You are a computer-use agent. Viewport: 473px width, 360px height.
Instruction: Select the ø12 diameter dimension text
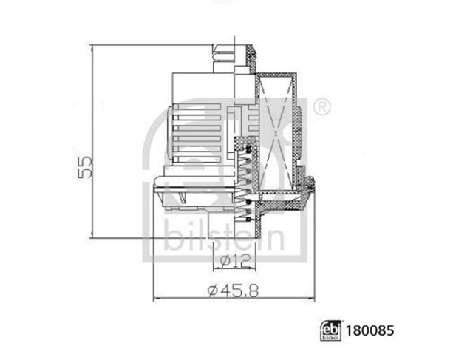pyautogui.click(x=234, y=259)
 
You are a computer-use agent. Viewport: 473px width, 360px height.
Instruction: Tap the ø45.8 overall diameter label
pyautogui.click(x=234, y=291)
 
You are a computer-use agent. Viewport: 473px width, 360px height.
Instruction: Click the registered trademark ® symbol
pyautogui.click(x=322, y=107)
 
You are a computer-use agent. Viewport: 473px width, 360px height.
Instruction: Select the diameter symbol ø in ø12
pyautogui.click(x=225, y=259)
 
